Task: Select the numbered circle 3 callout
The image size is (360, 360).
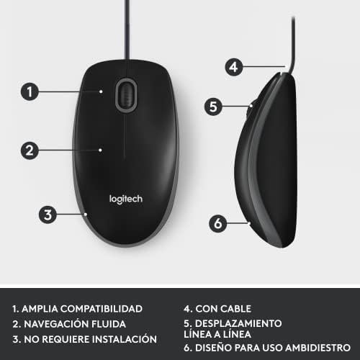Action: [48, 214]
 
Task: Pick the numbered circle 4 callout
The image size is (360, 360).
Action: [231, 67]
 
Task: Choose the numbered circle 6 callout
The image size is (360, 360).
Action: [219, 223]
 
